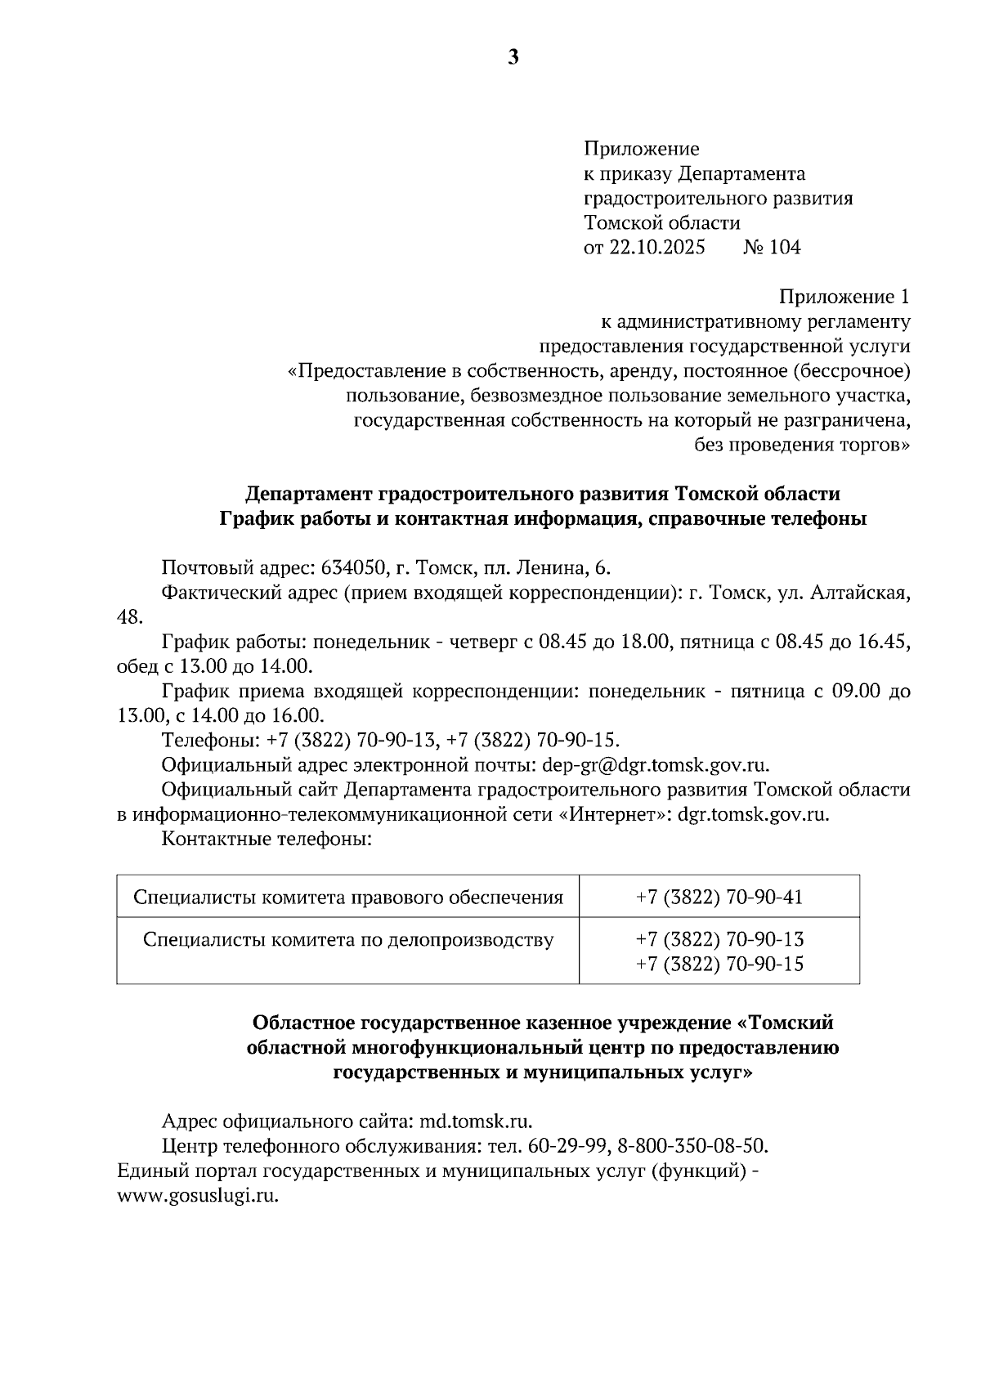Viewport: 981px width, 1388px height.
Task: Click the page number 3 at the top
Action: pos(513,57)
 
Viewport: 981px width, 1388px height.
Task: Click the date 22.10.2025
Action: pos(656,248)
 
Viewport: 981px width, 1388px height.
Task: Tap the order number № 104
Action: pos(771,248)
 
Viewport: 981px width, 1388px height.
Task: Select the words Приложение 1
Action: pos(844,297)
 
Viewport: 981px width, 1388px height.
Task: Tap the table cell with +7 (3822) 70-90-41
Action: pos(719,898)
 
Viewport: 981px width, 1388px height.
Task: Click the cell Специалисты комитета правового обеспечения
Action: pos(348,898)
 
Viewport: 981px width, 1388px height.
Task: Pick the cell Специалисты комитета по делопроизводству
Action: pos(348,940)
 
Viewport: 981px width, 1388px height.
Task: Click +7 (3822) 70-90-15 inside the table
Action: pos(719,965)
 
